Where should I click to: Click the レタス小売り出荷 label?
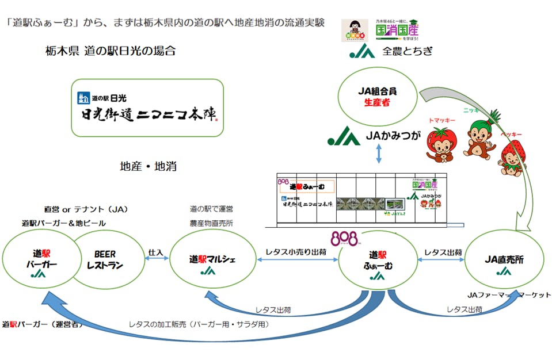pyautogui.click(x=297, y=251)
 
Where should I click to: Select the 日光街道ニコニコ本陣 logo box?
pyautogui.click(x=147, y=108)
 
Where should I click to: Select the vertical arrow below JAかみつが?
pyautogui.click(x=378, y=154)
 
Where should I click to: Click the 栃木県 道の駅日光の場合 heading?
pyautogui.click(x=111, y=51)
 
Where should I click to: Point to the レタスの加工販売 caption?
pyautogui.click(x=199, y=324)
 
